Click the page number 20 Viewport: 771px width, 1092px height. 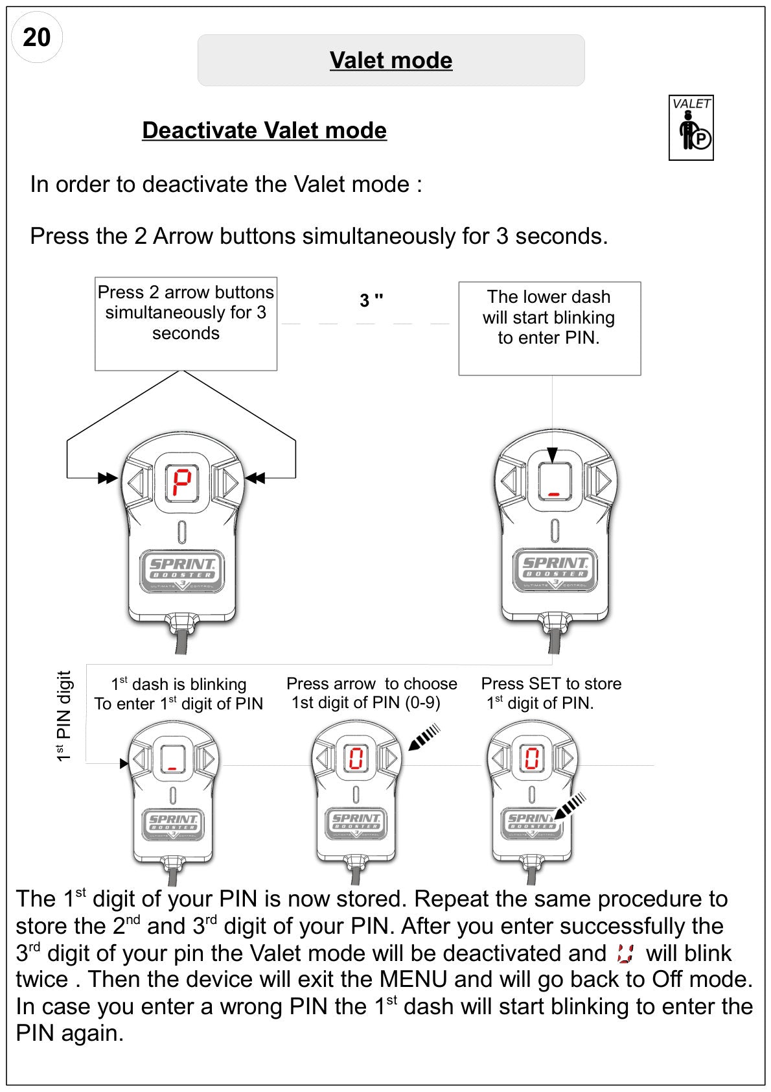[36, 38]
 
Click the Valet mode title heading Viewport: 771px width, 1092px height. [391, 60]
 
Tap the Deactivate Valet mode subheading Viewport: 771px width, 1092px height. [264, 130]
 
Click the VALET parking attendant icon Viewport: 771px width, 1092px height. [691, 128]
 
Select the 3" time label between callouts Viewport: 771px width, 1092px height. [371, 300]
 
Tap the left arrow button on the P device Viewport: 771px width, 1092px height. [136, 483]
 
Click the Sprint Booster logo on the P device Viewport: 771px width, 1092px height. [181, 571]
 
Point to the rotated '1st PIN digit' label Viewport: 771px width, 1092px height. [63, 716]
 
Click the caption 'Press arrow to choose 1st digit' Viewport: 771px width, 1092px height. [372, 693]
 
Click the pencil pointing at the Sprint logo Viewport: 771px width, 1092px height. [570, 805]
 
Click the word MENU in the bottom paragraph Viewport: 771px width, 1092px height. [413, 979]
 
